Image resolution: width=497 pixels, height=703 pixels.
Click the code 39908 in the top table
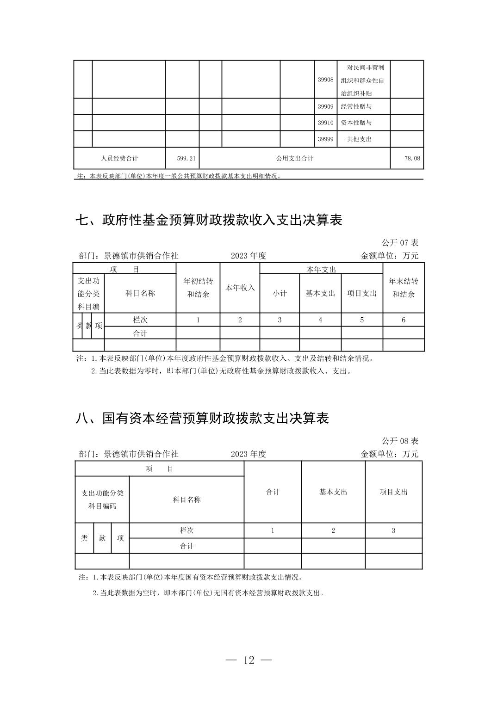click(325, 80)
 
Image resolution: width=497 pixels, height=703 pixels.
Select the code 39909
click(325, 107)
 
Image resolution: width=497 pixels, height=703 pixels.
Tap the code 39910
click(325, 123)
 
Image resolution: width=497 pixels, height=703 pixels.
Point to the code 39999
click(325, 139)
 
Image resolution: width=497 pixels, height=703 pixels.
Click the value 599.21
click(186, 158)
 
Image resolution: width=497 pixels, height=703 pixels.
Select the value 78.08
click(412, 158)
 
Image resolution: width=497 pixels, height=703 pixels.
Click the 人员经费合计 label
click(119, 158)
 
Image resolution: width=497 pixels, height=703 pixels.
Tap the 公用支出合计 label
click(294, 158)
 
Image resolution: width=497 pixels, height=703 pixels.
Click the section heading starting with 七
click(209, 220)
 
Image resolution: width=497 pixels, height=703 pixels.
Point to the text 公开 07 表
click(400, 242)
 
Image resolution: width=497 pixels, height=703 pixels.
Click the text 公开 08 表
click(400, 441)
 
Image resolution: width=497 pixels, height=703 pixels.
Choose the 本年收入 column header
click(240, 288)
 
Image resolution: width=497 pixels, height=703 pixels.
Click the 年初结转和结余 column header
click(198, 287)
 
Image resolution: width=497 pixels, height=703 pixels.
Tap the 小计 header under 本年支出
click(280, 293)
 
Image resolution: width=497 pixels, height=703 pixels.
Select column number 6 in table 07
click(404, 320)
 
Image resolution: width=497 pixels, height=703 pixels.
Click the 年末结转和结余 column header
click(404, 287)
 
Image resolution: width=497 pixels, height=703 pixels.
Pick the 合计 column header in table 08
click(273, 492)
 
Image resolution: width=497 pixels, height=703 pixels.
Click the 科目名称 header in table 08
click(186, 499)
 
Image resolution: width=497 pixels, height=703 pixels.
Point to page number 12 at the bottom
click(248, 660)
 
